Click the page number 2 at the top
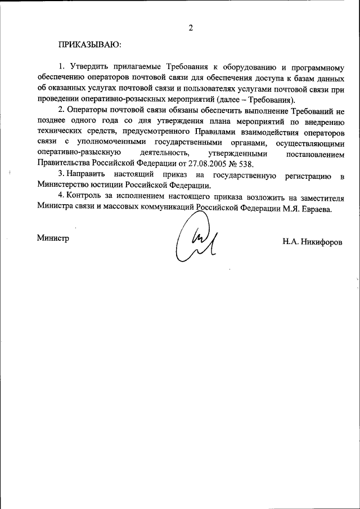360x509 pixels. pyautogui.click(x=191, y=27)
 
